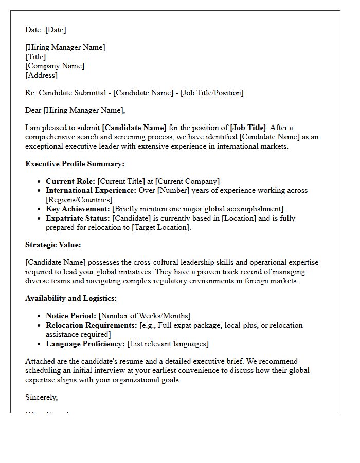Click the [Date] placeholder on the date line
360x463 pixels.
(56, 30)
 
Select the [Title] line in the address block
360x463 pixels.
(35, 57)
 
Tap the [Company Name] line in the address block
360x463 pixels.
(55, 66)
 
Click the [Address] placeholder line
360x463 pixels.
(41, 75)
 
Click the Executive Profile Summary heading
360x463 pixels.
(75, 164)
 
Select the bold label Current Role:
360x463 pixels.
(70, 181)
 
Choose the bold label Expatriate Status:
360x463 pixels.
(77, 218)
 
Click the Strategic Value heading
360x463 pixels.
(53, 245)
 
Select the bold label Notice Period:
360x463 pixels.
(71, 316)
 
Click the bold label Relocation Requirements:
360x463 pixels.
(92, 325)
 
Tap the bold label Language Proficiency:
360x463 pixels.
(85, 344)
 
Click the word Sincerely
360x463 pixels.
(41, 397)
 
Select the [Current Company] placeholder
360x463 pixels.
(187, 181)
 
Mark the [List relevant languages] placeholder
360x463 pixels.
(168, 344)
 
